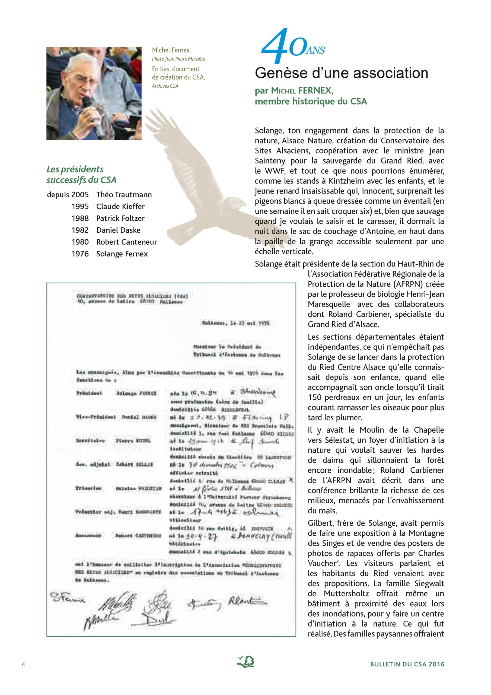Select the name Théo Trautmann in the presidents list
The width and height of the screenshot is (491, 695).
[124, 195]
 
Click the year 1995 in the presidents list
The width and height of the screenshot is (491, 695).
[80, 206]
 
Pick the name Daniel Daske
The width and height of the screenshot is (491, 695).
[118, 230]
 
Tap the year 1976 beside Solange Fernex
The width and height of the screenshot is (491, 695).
[80, 254]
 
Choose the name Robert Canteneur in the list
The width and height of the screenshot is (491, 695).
[126, 242]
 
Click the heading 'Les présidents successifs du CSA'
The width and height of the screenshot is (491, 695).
[81, 175]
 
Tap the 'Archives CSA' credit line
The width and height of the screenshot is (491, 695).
[165, 86]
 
